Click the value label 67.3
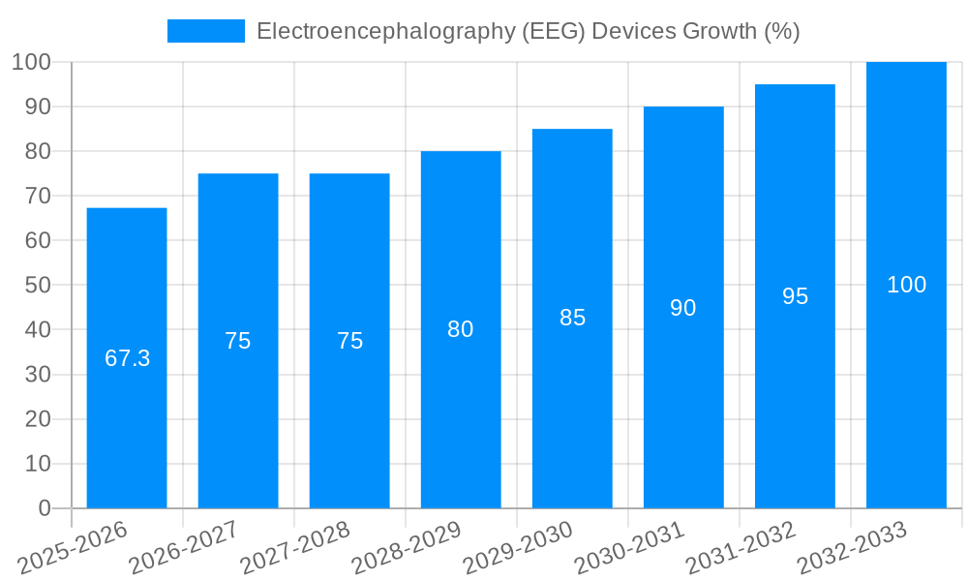[127, 358]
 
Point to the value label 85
[572, 318]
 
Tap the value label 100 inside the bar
[906, 285]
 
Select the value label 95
[795, 296]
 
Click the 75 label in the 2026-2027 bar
[238, 341]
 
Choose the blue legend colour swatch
[205, 31]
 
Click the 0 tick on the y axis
[44, 508]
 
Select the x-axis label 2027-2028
[295, 548]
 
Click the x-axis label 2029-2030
[518, 548]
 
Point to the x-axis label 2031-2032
[741, 548]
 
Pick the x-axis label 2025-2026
[73, 548]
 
